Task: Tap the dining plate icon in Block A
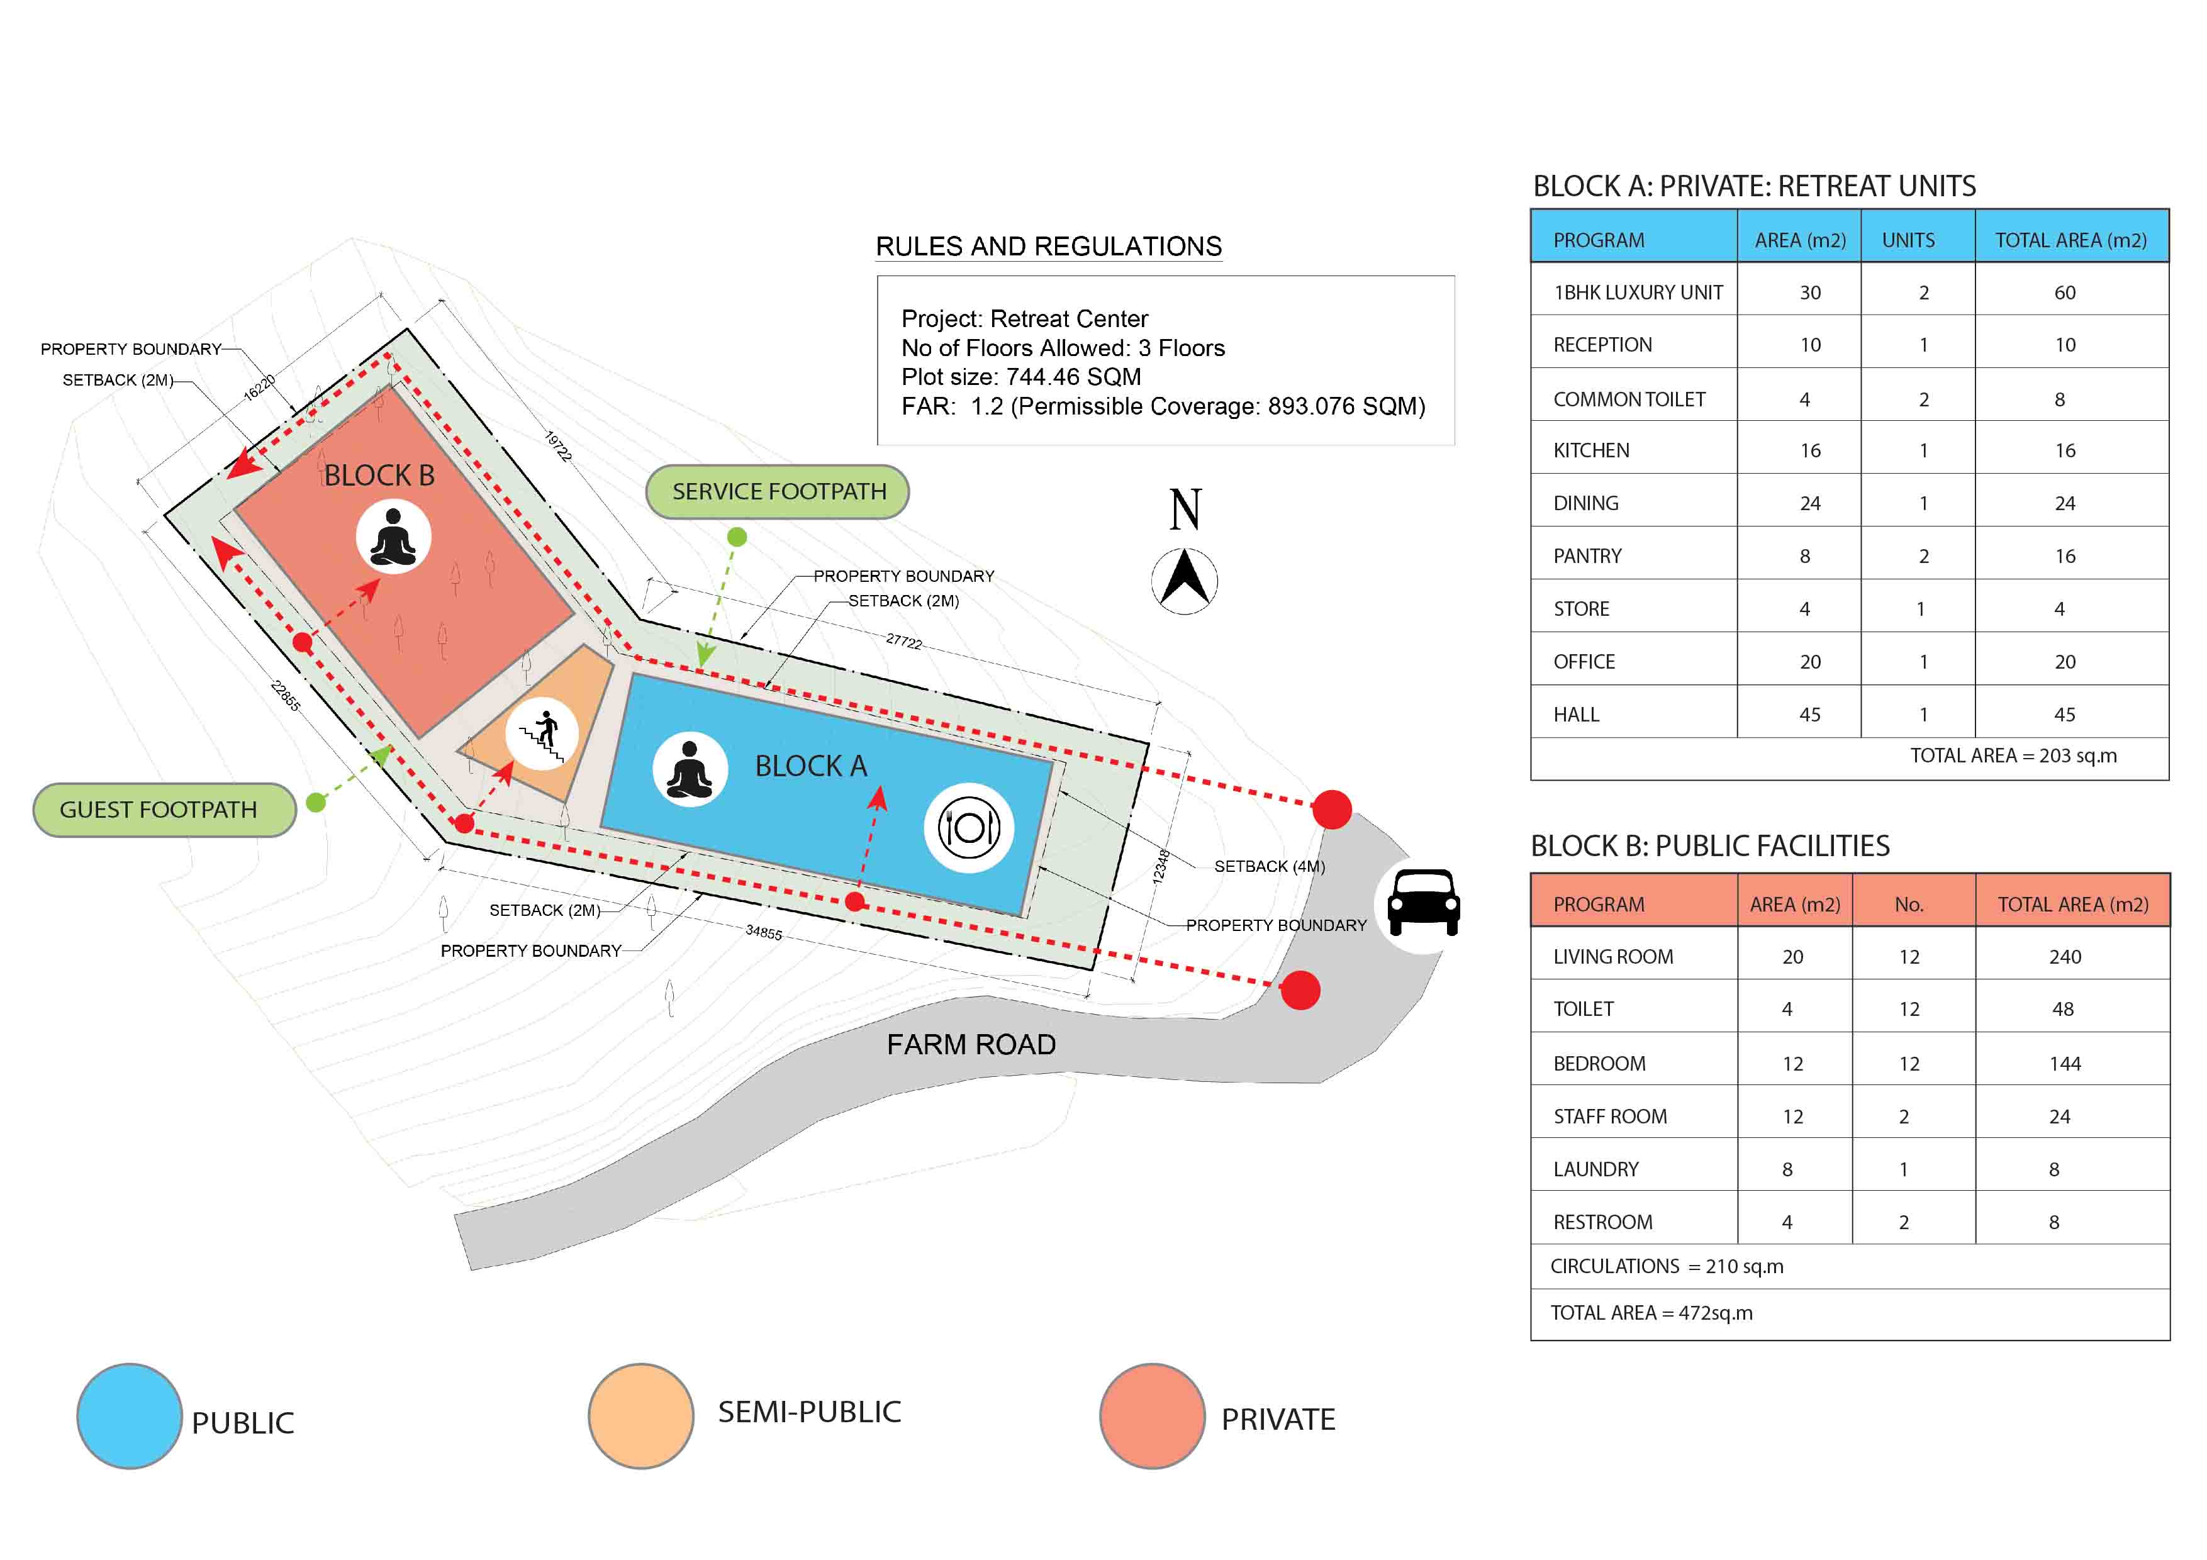click(x=969, y=828)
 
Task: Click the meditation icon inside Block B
click(x=393, y=537)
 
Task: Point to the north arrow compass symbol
click(x=1184, y=581)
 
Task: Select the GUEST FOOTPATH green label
click(x=164, y=810)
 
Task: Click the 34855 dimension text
click(x=764, y=932)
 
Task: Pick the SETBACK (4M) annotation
click(x=1270, y=866)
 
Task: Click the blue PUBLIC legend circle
click(x=129, y=1416)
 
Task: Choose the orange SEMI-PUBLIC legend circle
click(x=641, y=1416)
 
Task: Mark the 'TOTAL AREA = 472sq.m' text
click(x=1651, y=1313)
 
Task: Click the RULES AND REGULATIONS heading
click(x=1049, y=246)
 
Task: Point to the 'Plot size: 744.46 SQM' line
click(x=1021, y=377)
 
